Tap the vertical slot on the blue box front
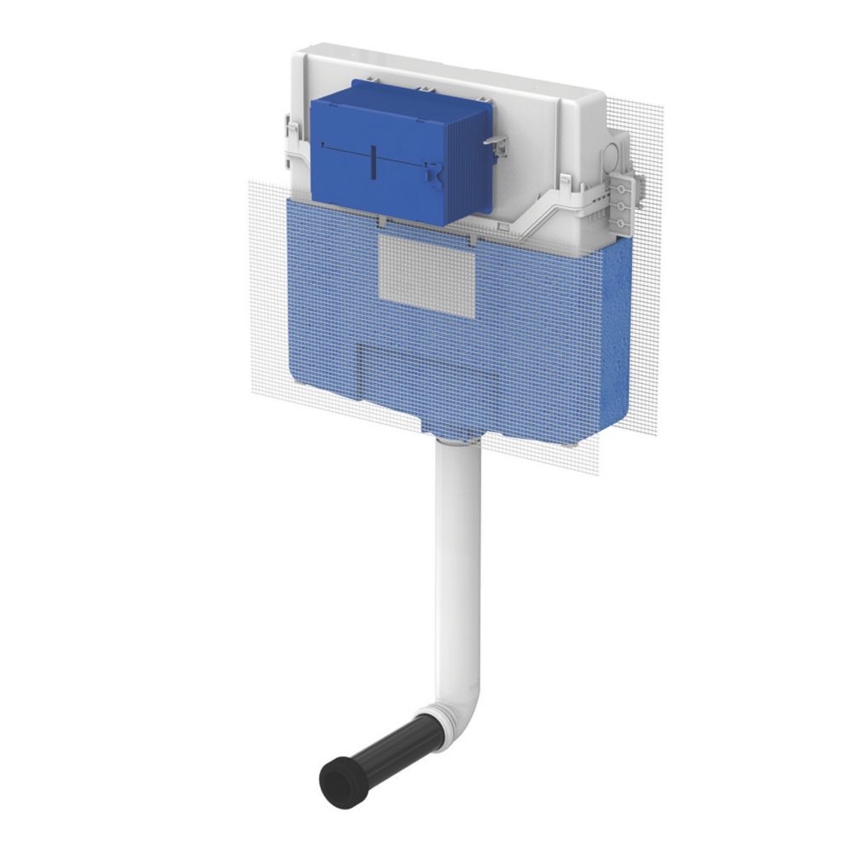tap(373, 162)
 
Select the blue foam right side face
tap(614, 341)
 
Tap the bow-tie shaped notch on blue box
tap(437, 175)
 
